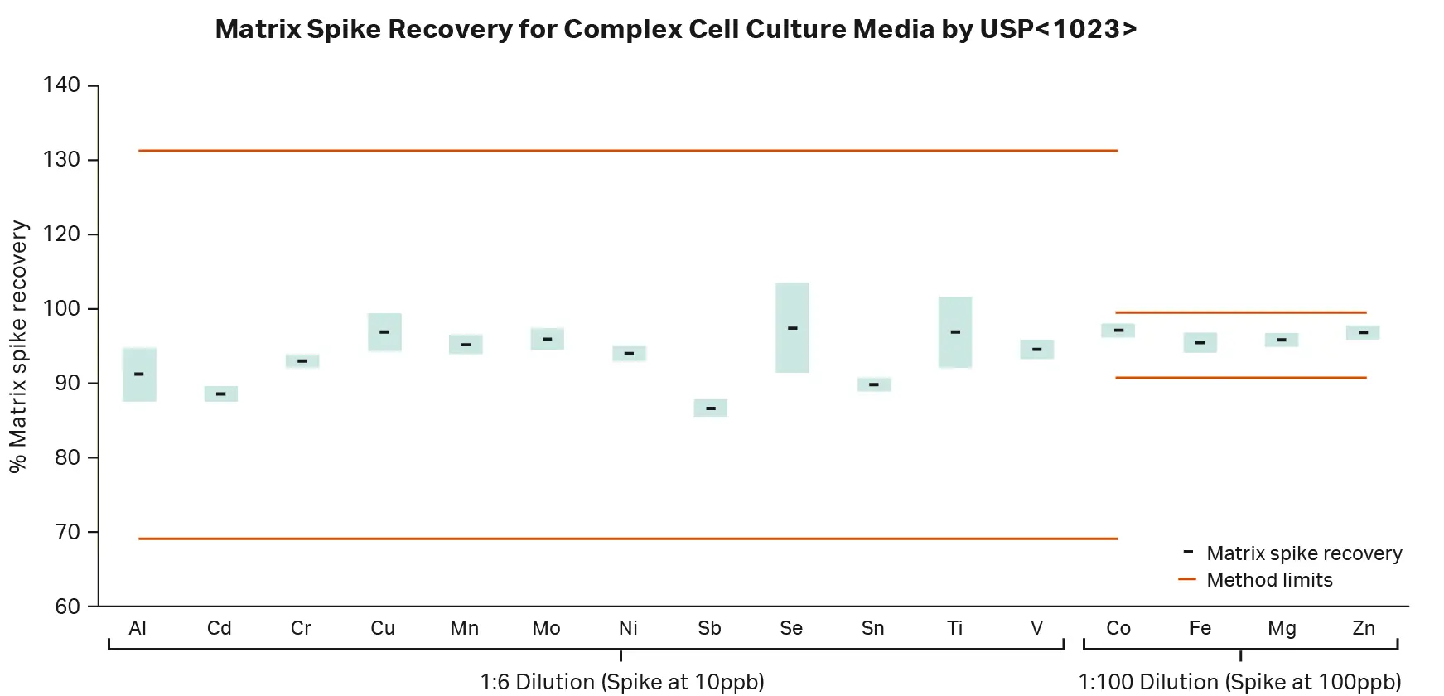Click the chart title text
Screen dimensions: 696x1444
click(x=675, y=29)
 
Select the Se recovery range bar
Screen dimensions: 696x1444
click(x=792, y=348)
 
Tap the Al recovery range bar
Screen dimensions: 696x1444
click(x=139, y=389)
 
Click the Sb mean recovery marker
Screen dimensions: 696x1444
click(x=711, y=408)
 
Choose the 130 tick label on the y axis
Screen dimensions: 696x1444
click(x=61, y=159)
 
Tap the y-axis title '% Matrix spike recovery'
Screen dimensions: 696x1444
click(x=18, y=346)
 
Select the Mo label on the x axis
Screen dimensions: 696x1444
click(x=546, y=628)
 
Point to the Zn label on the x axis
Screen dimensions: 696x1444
click(x=1363, y=628)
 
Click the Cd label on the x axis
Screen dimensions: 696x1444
click(x=219, y=628)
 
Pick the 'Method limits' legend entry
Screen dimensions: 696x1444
click(x=1268, y=580)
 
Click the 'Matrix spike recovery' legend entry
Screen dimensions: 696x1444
click(x=1303, y=553)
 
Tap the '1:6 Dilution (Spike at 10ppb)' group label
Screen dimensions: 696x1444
click(x=621, y=682)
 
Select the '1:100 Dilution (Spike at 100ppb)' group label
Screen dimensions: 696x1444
click(x=1239, y=682)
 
